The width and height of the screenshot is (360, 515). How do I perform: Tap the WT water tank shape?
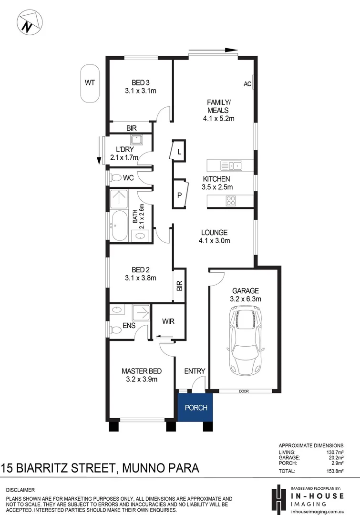(x=90, y=83)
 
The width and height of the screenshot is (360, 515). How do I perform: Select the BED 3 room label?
(x=141, y=82)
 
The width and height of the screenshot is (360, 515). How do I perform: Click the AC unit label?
(x=247, y=84)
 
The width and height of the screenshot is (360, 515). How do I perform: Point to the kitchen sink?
(x=231, y=166)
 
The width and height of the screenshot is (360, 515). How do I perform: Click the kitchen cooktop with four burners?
(x=231, y=201)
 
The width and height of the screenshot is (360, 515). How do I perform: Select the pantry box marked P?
(x=180, y=194)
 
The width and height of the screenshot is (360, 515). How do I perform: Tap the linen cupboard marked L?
(x=179, y=152)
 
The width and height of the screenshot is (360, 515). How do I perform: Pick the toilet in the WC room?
(x=115, y=178)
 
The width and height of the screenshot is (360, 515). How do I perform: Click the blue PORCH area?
(x=195, y=408)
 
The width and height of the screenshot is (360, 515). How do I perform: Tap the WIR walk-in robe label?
(x=167, y=321)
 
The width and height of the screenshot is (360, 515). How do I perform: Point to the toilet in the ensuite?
(x=115, y=330)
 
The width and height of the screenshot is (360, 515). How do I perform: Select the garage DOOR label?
(x=244, y=391)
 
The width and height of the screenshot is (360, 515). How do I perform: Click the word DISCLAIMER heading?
(x=21, y=490)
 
